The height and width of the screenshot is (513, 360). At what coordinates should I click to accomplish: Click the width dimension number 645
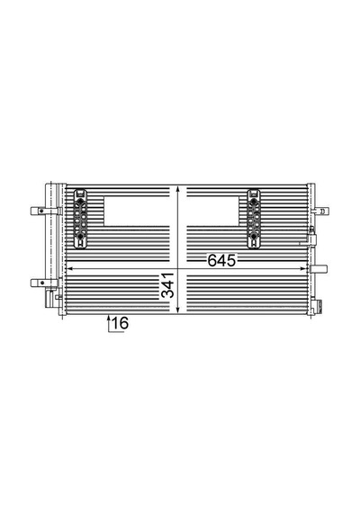pos(221,260)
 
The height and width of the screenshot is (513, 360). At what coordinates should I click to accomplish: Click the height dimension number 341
pos(168,285)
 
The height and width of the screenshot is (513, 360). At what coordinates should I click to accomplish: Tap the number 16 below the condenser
pos(120,323)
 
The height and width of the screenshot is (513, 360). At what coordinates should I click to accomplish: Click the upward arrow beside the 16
pos(109,323)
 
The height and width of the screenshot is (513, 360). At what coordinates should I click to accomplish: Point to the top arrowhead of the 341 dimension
pos(177,189)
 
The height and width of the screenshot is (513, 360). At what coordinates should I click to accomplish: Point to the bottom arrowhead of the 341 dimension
pos(177,310)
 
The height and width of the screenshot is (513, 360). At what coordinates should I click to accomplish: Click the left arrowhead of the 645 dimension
pos(69,269)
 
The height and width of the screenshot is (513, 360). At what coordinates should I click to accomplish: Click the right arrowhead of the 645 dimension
pos(303,269)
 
